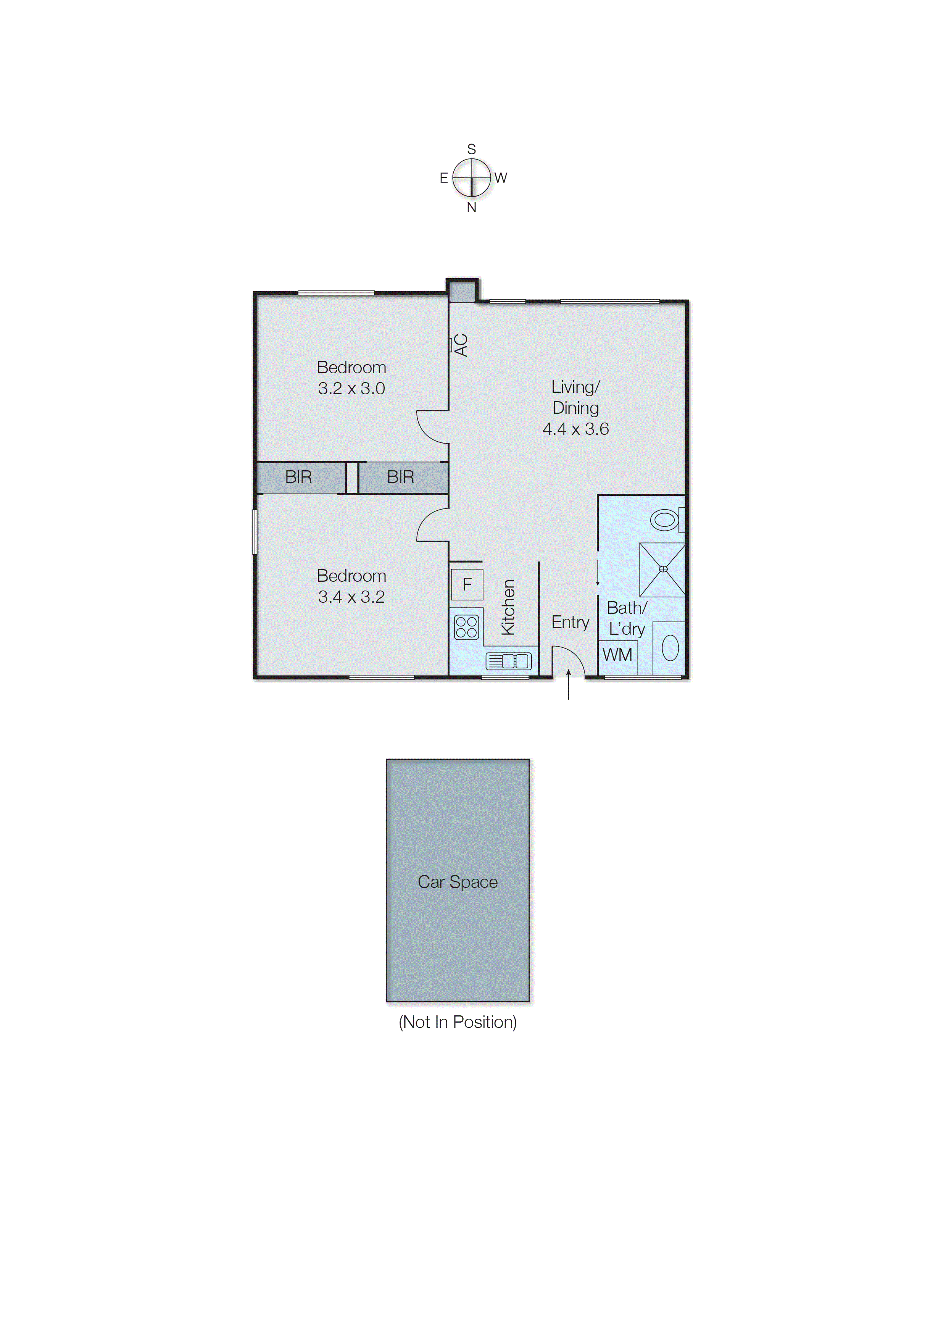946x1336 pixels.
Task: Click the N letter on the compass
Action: coord(471,207)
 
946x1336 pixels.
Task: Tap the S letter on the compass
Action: coord(471,149)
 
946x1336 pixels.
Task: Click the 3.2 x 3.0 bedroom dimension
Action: coord(351,389)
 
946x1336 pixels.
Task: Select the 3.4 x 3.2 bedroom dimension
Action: coord(351,597)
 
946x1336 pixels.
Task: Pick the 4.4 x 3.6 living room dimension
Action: coord(575,429)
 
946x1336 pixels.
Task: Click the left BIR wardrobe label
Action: coord(298,477)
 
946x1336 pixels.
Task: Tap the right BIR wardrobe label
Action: coord(400,477)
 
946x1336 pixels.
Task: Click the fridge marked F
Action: coord(467,584)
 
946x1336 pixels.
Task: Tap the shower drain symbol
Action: coord(663,569)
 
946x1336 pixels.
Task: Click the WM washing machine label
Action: coord(617,655)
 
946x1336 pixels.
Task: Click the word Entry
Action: coord(570,622)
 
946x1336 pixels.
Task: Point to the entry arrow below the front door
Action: coord(569,686)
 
